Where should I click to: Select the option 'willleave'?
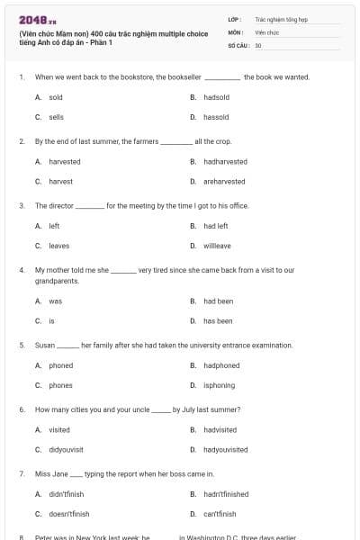click(217, 246)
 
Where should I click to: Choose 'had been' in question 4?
click(218, 301)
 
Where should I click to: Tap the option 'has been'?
click(218, 320)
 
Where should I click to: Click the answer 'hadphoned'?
click(221, 365)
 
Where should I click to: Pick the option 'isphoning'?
click(220, 385)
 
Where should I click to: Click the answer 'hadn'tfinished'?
click(226, 494)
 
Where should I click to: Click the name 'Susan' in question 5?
click(44, 346)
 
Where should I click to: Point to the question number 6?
click(21, 409)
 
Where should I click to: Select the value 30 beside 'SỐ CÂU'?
click(258, 45)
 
